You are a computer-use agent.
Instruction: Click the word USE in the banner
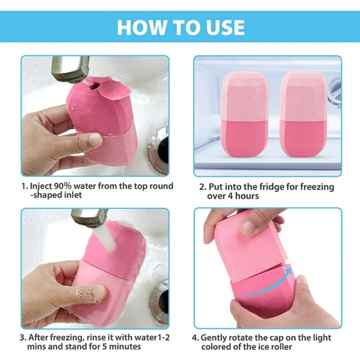tap(225, 27)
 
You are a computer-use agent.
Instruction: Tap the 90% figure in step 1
tap(63, 186)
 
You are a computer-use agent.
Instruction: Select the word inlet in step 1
tap(73, 195)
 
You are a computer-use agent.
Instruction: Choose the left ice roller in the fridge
tap(245, 114)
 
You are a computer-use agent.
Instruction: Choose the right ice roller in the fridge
tap(304, 114)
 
